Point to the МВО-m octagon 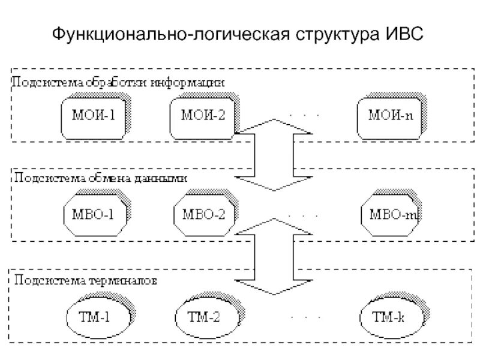click(391, 214)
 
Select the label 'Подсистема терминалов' click(86, 280)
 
